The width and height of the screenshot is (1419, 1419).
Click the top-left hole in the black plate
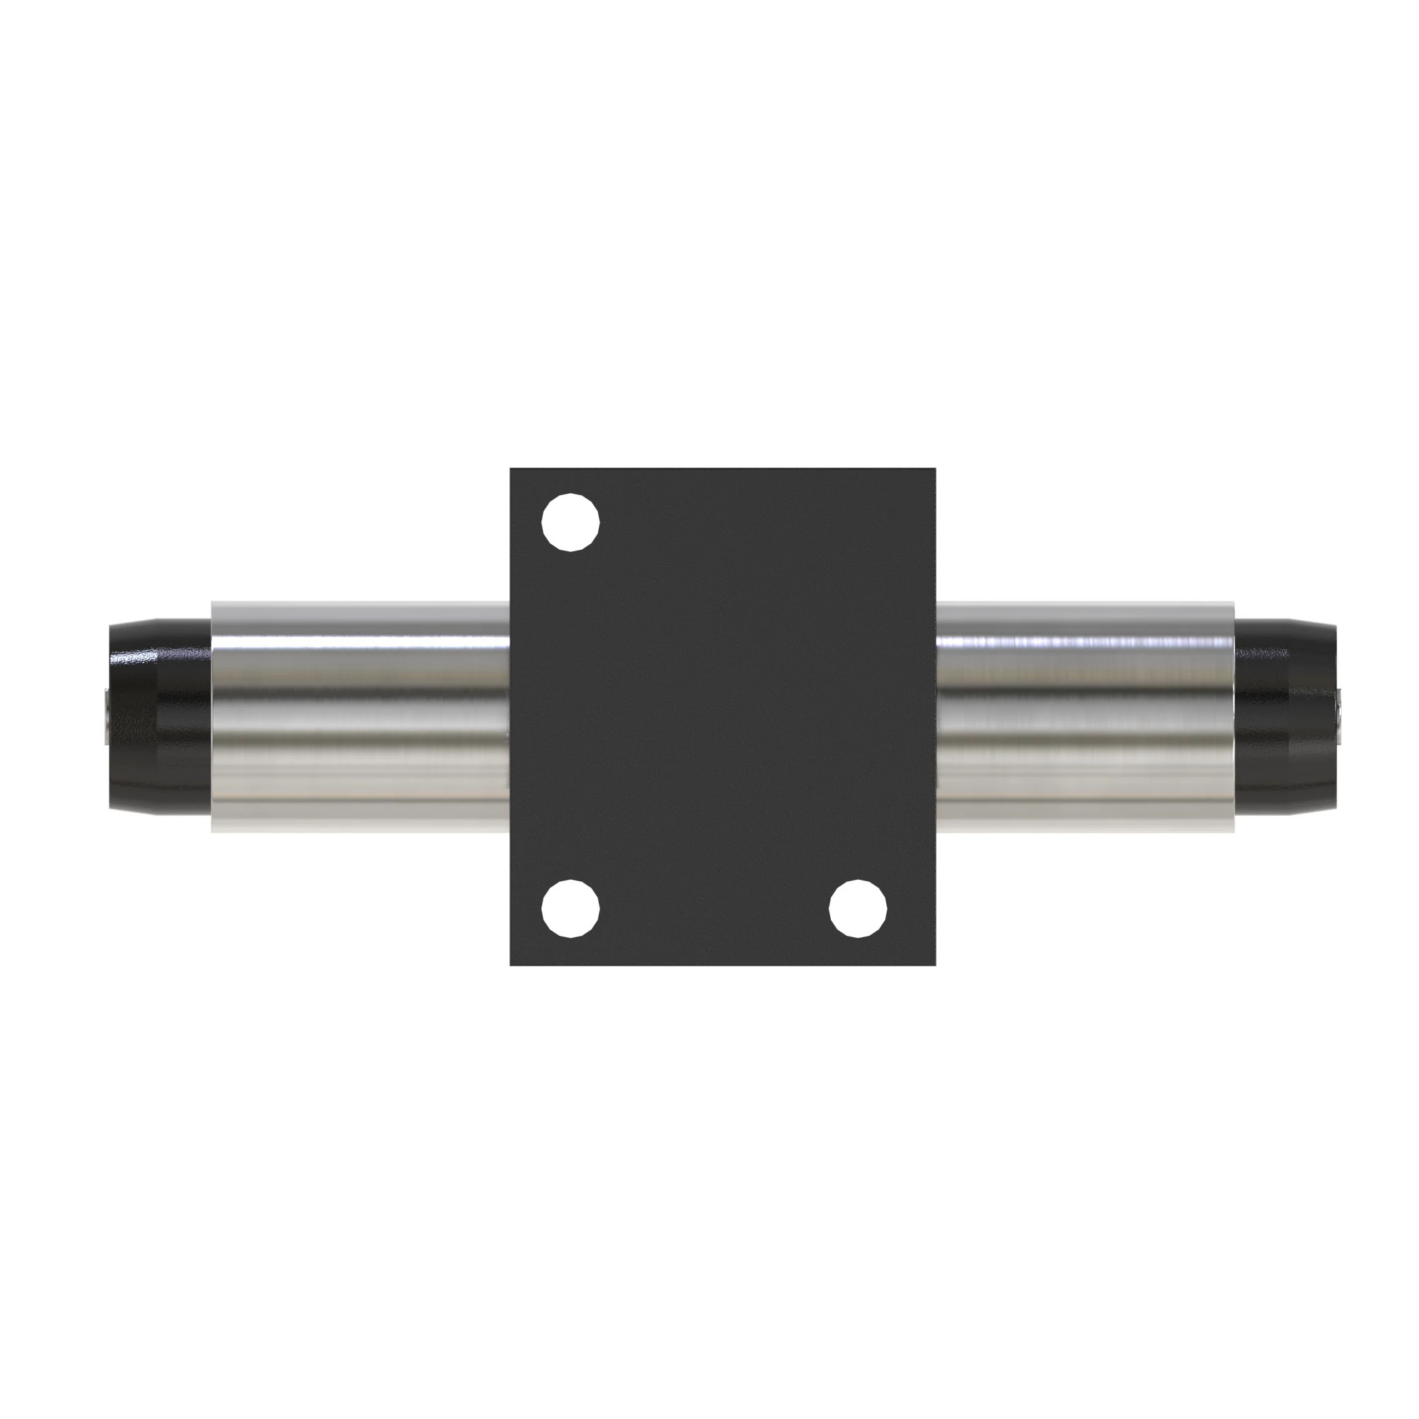(570, 522)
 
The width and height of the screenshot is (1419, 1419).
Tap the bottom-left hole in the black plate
(570, 909)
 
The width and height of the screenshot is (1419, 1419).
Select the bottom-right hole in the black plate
(857, 909)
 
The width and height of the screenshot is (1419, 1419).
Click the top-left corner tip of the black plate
(511, 469)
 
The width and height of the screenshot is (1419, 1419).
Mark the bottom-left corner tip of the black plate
(511, 964)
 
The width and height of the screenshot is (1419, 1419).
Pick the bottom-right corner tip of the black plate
(934, 964)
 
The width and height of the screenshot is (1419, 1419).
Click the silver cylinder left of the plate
(360, 716)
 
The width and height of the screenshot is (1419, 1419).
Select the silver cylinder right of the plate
(1086, 716)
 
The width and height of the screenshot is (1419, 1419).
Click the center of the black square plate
(723, 716)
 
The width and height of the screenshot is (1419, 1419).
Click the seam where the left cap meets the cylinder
(211, 716)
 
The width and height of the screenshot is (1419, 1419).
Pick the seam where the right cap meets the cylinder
(1235, 716)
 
